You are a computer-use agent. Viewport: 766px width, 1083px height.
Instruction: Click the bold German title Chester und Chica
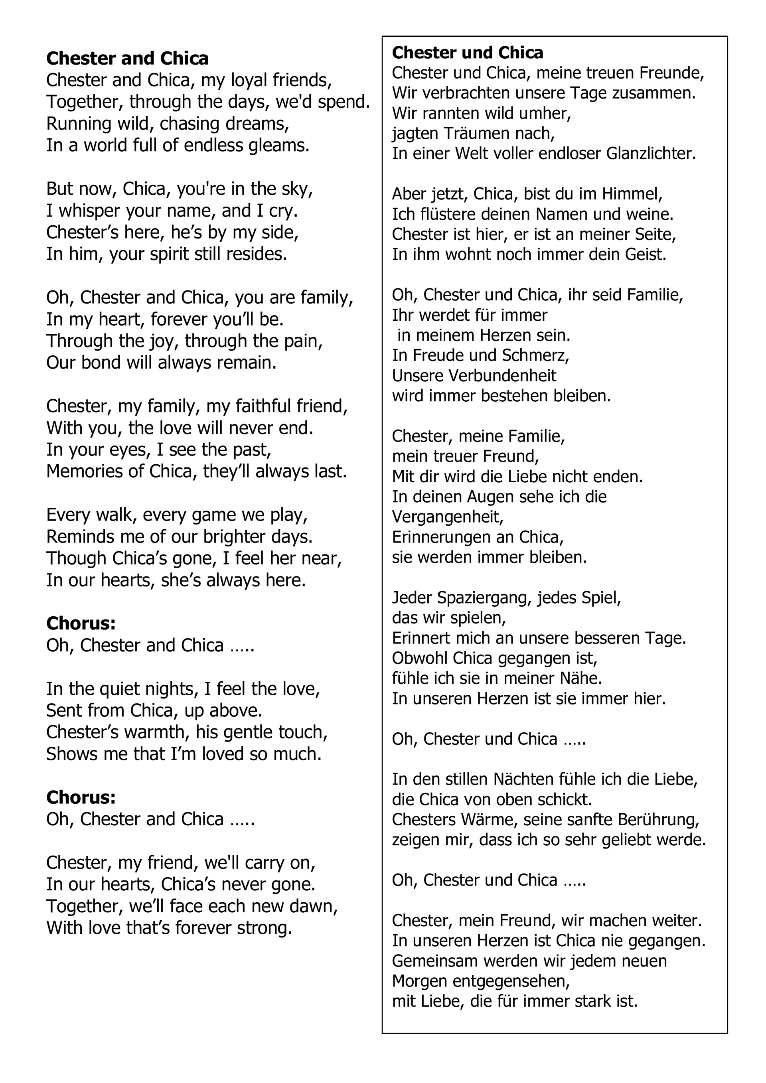[x=468, y=52]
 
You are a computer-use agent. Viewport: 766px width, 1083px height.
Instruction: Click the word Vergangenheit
[x=447, y=517]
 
